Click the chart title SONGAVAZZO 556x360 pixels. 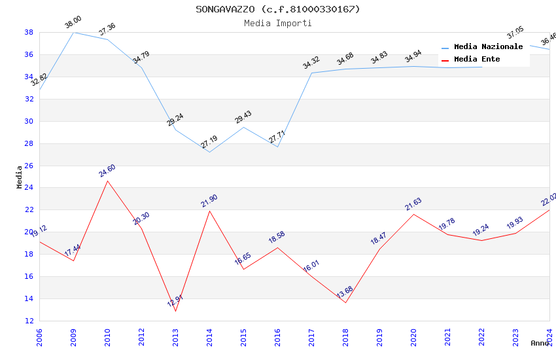click(277, 9)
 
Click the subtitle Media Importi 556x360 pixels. click(277, 23)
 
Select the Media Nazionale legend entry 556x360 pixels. click(488, 47)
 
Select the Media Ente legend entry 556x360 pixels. click(477, 60)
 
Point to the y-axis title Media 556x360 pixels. click(20, 177)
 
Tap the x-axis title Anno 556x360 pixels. click(540, 343)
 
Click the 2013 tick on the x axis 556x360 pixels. click(175, 337)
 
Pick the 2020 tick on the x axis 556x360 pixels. click(413, 337)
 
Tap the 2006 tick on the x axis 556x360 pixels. click(39, 337)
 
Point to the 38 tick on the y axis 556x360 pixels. click(29, 32)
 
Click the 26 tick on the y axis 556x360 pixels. click(29, 166)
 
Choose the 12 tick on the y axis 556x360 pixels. click(29, 321)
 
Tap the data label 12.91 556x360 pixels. click(175, 301)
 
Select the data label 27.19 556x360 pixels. click(209, 142)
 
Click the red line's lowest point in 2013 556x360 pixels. click(175, 311)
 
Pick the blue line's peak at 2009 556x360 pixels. click(73, 32)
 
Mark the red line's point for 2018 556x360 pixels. click(345, 302)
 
